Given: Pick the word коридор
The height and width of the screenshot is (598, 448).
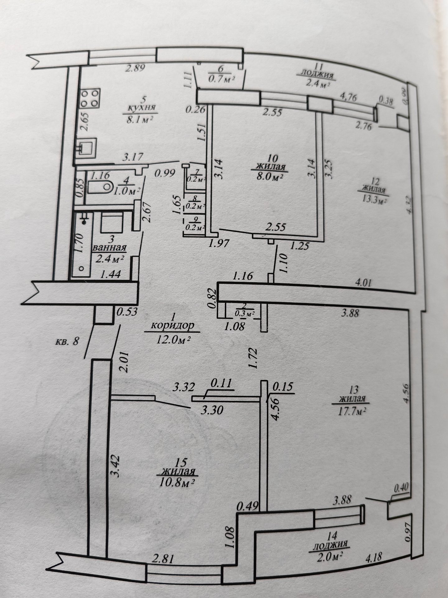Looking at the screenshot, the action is point(172,326).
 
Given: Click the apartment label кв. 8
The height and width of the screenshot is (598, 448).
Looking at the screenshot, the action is point(67,340).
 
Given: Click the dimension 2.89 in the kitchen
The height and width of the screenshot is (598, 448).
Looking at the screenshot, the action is point(135,69).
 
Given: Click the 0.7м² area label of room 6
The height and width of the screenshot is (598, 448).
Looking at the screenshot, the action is point(221,79).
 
